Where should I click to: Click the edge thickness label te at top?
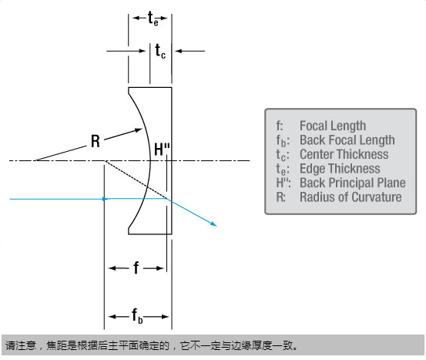[153, 19]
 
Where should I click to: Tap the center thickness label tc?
[160, 51]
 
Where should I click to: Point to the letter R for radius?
[95, 141]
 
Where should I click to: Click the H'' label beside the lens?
[162, 150]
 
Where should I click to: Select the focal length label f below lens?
[136, 267]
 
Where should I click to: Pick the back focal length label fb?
[137, 316]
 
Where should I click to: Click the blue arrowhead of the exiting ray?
[213, 224]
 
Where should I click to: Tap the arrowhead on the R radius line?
[139, 130]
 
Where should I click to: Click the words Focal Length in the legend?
[333, 126]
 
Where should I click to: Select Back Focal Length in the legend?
[347, 140]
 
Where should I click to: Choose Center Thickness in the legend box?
[344, 154]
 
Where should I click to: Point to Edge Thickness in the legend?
[340, 169]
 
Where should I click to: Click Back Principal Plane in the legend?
[353, 183]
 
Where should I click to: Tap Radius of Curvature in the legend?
[351, 197]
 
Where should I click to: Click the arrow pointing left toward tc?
[190, 51]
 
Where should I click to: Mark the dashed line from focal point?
[136, 180]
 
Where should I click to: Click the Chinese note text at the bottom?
[151, 345]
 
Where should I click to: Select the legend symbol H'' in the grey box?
[283, 183]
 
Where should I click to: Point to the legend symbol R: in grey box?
[280, 197]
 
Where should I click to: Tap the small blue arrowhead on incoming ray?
[105, 199]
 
